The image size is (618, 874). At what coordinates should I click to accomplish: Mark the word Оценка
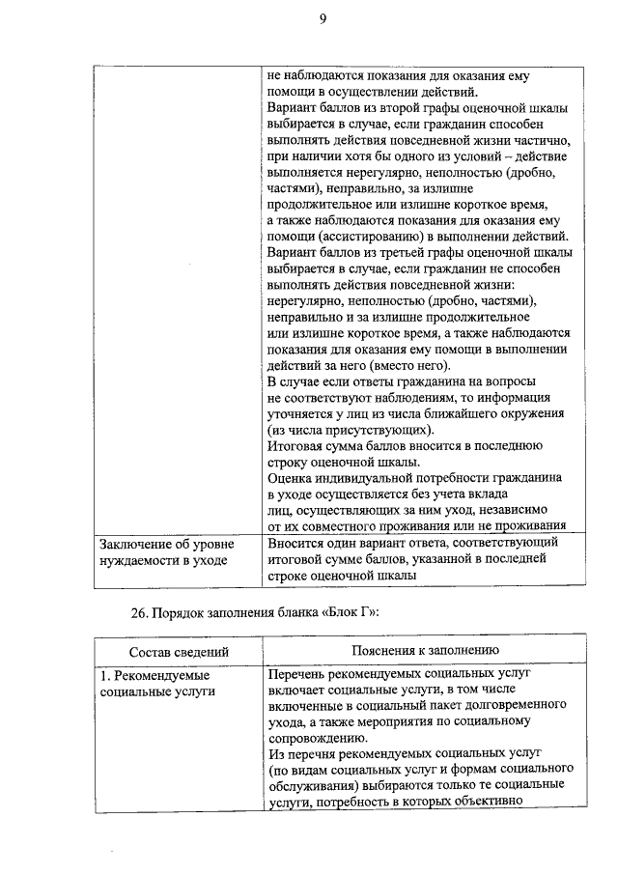click(x=291, y=477)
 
